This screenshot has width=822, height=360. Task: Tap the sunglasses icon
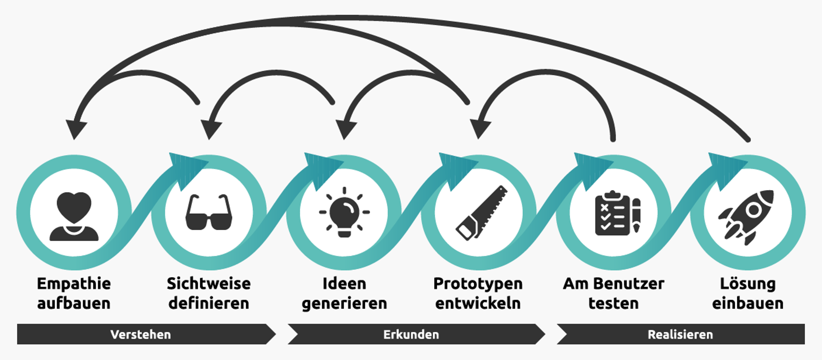click(209, 213)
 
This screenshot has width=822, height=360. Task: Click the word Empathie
click(74, 284)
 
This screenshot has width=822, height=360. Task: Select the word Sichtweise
click(209, 284)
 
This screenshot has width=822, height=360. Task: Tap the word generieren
click(344, 303)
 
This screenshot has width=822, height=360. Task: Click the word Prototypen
click(478, 284)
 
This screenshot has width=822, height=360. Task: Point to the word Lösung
click(748, 284)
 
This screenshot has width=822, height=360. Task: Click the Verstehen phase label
click(141, 334)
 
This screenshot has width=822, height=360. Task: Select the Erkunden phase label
click(411, 334)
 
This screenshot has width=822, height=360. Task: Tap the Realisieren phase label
click(680, 334)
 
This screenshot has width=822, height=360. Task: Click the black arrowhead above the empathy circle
click(76, 129)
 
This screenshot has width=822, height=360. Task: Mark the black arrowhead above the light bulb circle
click(346, 129)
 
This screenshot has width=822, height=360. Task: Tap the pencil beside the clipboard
click(636, 215)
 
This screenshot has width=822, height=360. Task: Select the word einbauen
click(748, 303)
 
